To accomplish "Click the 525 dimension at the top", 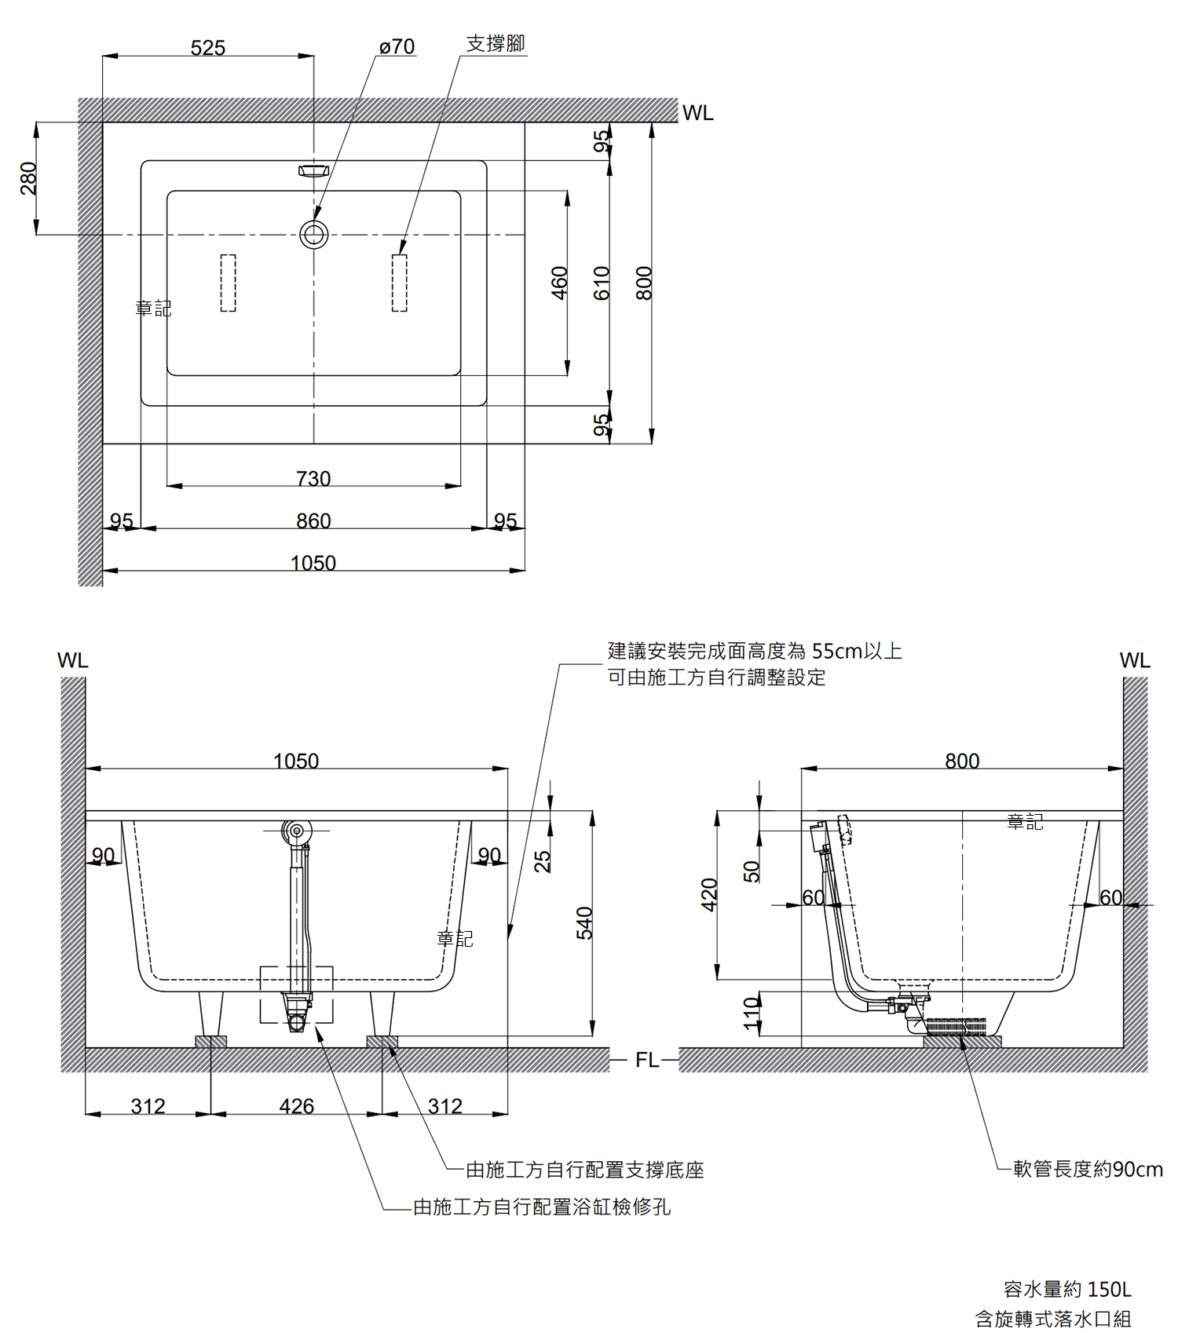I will click(x=208, y=48).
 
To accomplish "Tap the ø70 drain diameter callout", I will click(x=397, y=47).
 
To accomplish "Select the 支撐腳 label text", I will click(x=495, y=44).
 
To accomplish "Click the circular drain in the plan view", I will click(x=314, y=234).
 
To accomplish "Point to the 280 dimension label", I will click(x=28, y=178).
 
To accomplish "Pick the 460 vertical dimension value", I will click(x=559, y=283).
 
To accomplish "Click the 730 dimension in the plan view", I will click(x=313, y=478).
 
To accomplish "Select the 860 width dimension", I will click(x=313, y=520).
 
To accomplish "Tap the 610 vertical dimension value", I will click(x=602, y=283).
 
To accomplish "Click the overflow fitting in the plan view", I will click(x=313, y=170).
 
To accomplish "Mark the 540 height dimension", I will click(x=584, y=923).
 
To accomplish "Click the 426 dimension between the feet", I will click(x=296, y=1106).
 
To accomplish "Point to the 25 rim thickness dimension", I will click(x=542, y=861).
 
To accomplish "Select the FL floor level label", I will click(x=646, y=1060).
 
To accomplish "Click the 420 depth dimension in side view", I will click(x=709, y=895).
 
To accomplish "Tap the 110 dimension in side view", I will click(x=752, y=1013).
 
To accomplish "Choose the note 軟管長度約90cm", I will click(x=1088, y=1169).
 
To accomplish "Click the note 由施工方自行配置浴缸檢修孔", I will click(x=542, y=1207).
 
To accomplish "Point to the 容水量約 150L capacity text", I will click(x=1067, y=1289).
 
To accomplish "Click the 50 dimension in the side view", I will click(x=752, y=871).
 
